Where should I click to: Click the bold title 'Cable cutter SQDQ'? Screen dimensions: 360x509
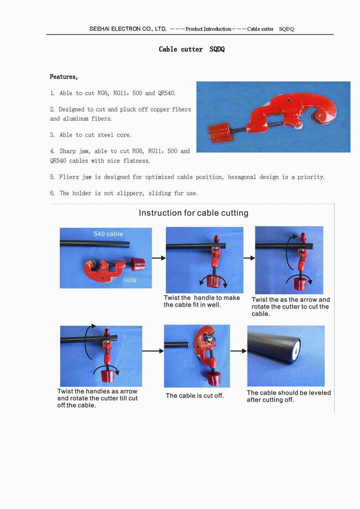pos(192,49)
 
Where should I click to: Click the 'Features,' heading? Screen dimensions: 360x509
pos(64,77)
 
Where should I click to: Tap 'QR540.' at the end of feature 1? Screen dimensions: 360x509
pos(167,93)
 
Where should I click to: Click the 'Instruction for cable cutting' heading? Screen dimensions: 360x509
pos(194,213)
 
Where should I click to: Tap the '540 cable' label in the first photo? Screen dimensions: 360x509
pos(108,234)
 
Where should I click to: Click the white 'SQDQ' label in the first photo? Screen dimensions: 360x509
pos(130,280)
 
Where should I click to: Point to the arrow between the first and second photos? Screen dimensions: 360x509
pos(159,258)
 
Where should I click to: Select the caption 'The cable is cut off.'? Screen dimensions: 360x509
pos(195,396)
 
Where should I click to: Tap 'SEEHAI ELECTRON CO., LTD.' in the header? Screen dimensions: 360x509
pos(128,29)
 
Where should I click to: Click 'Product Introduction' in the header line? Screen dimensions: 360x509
pos(208,29)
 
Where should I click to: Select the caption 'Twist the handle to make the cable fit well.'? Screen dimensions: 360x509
pos(202,301)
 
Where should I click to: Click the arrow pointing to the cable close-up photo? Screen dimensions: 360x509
pos(239,351)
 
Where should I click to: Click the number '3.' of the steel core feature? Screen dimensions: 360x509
pos(52,135)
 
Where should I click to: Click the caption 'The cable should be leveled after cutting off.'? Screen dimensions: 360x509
pos(289,396)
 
